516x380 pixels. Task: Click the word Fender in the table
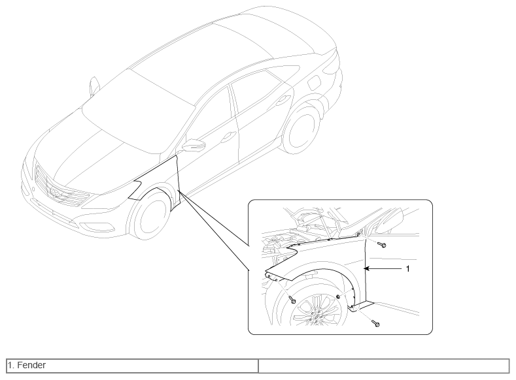pos(31,365)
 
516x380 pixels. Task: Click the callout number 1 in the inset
pos(407,268)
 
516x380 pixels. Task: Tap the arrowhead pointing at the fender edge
pos(367,268)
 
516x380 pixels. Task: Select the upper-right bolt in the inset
pos(382,245)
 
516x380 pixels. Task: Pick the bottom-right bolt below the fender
pos(375,323)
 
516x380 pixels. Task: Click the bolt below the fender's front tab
pos(292,300)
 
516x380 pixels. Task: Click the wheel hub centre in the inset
pos(316,317)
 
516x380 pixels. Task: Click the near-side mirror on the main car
pos(194,145)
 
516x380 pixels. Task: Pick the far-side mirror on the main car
pos(94,86)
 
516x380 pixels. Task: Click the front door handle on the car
pos(228,136)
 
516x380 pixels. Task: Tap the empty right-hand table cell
pos(384,366)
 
